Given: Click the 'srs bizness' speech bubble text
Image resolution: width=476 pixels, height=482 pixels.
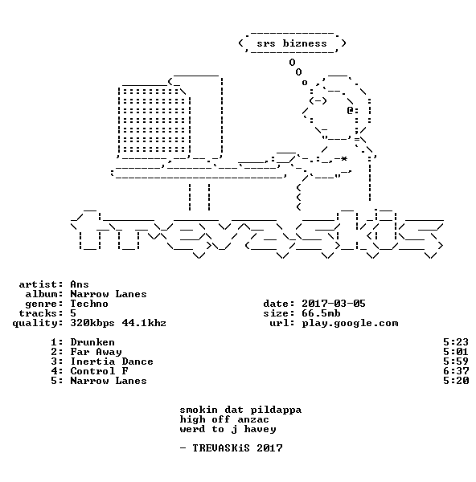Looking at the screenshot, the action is [292, 43].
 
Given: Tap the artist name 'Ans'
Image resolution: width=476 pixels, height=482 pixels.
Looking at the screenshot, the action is [80, 284].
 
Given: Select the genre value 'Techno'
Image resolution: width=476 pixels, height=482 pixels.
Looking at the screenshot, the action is [89, 304].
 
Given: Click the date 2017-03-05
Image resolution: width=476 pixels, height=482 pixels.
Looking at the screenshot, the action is [333, 304].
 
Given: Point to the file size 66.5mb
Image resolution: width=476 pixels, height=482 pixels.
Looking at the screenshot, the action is [321, 313].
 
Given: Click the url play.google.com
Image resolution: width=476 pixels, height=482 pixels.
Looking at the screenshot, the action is [350, 324].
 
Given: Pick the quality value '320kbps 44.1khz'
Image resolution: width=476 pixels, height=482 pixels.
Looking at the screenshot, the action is [118, 323].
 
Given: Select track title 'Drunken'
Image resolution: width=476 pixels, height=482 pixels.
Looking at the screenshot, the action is [92, 342].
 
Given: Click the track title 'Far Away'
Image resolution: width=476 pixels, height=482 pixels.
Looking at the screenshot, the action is [96, 352].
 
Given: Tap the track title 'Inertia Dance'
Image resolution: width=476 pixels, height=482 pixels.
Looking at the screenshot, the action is [112, 361].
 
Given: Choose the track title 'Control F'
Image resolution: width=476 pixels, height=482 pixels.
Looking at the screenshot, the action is [99, 371].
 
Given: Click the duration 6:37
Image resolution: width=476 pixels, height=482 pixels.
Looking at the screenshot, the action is [456, 371].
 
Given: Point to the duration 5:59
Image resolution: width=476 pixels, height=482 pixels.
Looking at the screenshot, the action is [456, 361].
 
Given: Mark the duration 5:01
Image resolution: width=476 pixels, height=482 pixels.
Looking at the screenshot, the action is [456, 352].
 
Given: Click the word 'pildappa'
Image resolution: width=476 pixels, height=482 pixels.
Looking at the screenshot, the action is [276, 411].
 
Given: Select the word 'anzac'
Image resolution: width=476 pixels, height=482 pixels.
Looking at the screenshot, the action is [253, 420].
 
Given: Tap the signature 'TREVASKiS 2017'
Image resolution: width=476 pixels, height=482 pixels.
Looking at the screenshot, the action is [237, 448].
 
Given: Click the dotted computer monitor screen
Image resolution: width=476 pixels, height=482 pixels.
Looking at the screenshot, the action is [154, 121].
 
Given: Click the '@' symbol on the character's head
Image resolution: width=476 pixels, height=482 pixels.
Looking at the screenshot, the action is [350, 110].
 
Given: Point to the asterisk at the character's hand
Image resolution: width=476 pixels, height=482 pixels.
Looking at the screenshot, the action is [344, 158].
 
